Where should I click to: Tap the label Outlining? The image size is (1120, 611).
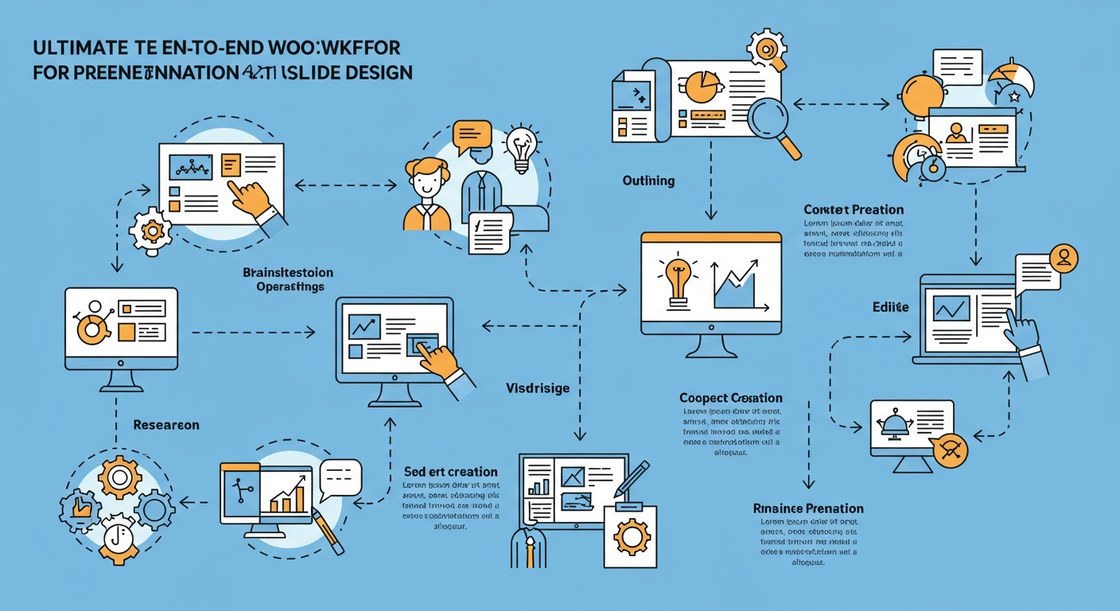pos(648,181)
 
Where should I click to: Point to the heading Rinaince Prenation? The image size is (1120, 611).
pos(808,508)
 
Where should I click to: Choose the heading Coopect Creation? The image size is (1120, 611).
pos(731,397)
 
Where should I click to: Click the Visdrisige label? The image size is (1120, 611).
pos(538,388)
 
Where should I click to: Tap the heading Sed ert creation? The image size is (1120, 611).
pos(450,472)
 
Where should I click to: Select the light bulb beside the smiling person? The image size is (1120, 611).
pos(521,146)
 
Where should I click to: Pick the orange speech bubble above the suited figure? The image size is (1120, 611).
pos(472,137)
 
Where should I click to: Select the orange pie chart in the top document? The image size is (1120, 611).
pos(701,87)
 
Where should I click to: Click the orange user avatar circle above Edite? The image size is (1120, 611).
pos(1064,257)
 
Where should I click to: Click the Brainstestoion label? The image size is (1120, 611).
pos(287,273)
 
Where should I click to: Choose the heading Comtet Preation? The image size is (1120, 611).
pos(853,210)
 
